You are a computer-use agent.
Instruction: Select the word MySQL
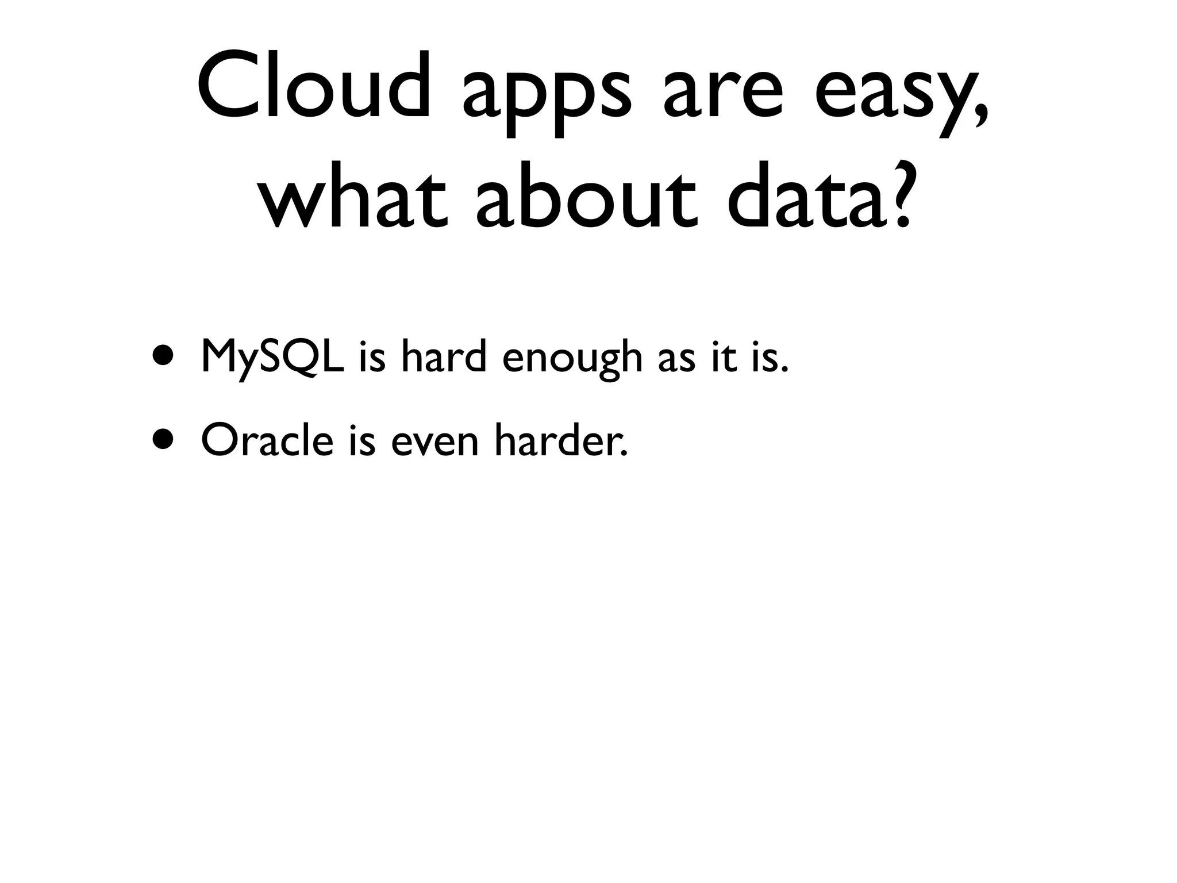click(x=274, y=356)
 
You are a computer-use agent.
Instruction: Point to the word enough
click(x=572, y=359)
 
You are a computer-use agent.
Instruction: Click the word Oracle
click(x=267, y=441)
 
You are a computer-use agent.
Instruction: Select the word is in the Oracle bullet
click(x=362, y=441)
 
